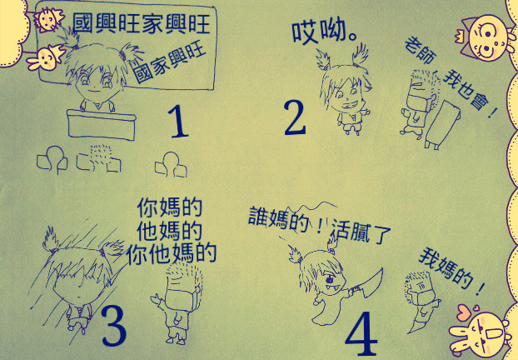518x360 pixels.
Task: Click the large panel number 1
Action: click(178, 122)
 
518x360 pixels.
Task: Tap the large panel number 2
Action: click(295, 117)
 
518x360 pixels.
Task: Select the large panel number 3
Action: click(114, 325)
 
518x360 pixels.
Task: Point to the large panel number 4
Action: click(361, 333)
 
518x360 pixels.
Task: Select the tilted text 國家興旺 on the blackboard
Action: click(170, 63)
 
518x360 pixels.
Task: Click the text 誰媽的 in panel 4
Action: click(280, 218)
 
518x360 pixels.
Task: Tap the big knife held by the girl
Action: click(367, 284)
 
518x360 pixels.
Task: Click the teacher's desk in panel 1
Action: click(102, 125)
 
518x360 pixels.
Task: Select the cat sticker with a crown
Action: click(485, 37)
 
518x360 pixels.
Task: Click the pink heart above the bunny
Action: click(465, 312)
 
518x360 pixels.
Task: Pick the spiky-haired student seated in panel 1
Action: click(99, 158)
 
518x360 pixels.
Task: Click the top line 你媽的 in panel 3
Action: click(169, 207)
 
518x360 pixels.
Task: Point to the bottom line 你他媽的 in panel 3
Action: click(172, 254)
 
